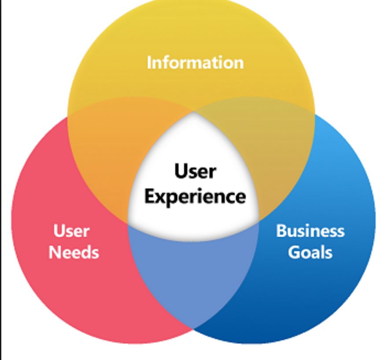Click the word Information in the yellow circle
(x=195, y=62)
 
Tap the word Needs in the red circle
(x=74, y=252)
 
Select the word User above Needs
(x=71, y=231)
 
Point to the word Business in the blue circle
(x=310, y=231)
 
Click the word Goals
(x=310, y=252)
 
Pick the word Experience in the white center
(x=195, y=196)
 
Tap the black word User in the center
(x=195, y=171)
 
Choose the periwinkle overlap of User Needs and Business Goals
(x=193, y=273)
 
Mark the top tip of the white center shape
(x=193, y=113)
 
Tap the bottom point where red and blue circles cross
(x=193, y=328)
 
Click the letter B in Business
(x=281, y=231)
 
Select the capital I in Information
(x=149, y=62)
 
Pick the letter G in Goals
(x=294, y=252)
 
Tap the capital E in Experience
(x=149, y=196)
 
